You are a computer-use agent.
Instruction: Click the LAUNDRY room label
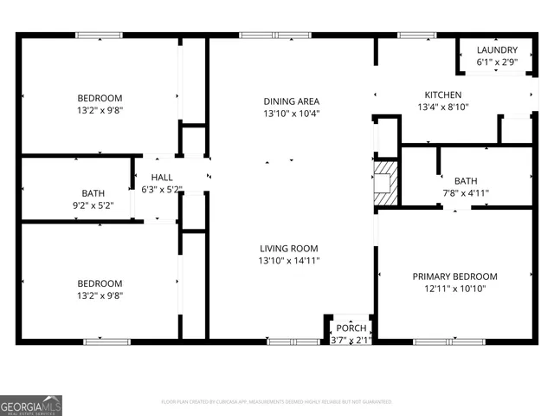[497, 50]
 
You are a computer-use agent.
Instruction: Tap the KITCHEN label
[442, 94]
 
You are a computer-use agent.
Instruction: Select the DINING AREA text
[292, 101]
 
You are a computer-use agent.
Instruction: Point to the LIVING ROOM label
[289, 248]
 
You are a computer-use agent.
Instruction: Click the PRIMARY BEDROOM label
[454, 276]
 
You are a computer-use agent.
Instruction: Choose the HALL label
[161, 177]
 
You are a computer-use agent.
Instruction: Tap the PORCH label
[351, 328]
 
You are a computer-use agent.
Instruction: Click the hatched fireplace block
[385, 183]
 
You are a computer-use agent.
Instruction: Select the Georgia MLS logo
[31, 405]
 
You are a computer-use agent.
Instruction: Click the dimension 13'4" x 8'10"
[442, 108]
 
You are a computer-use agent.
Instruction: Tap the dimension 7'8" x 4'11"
[466, 193]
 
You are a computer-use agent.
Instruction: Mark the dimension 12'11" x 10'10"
[454, 290]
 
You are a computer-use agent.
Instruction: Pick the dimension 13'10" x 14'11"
[289, 261]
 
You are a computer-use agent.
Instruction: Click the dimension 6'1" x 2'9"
[497, 62]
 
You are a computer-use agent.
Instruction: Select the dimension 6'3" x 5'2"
[161, 189]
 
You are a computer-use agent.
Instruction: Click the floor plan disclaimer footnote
[277, 402]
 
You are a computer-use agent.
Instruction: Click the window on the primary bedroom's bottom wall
[450, 341]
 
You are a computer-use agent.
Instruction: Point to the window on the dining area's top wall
[263, 36]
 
